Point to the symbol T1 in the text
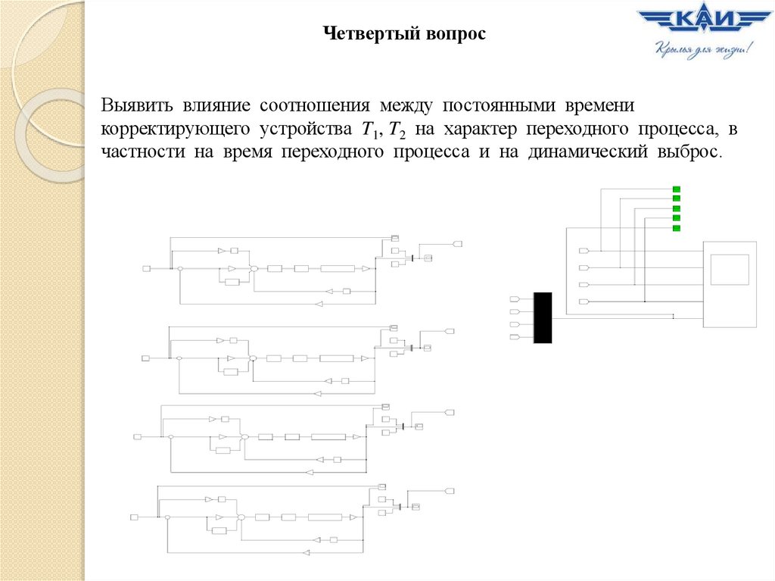click(x=369, y=130)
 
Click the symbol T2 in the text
click(x=396, y=130)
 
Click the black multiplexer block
click(x=543, y=317)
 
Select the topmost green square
click(x=677, y=189)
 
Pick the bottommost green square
click(x=677, y=228)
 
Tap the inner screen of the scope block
click(x=730, y=270)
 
